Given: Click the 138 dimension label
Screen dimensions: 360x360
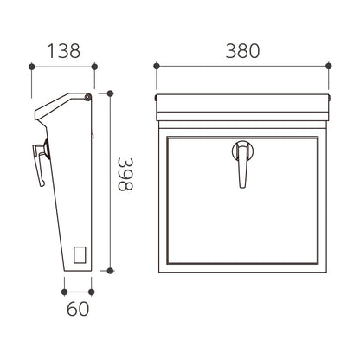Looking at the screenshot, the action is [64, 51].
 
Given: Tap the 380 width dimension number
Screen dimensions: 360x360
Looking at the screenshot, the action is [242, 51].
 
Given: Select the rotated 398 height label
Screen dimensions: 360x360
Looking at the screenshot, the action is [125, 174].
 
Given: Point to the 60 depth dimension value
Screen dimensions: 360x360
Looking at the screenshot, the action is [78, 309].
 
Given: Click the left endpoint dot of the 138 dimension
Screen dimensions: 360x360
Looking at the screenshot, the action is [32, 67].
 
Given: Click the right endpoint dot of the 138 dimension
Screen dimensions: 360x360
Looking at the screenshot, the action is [94, 67].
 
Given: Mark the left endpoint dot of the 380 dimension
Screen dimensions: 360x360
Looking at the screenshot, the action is [157, 66].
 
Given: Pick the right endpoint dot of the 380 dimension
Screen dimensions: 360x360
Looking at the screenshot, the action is [328, 66].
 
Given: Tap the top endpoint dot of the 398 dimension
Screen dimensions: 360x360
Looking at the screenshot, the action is [110, 93].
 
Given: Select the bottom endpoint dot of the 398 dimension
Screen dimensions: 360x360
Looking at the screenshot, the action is [110, 271].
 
